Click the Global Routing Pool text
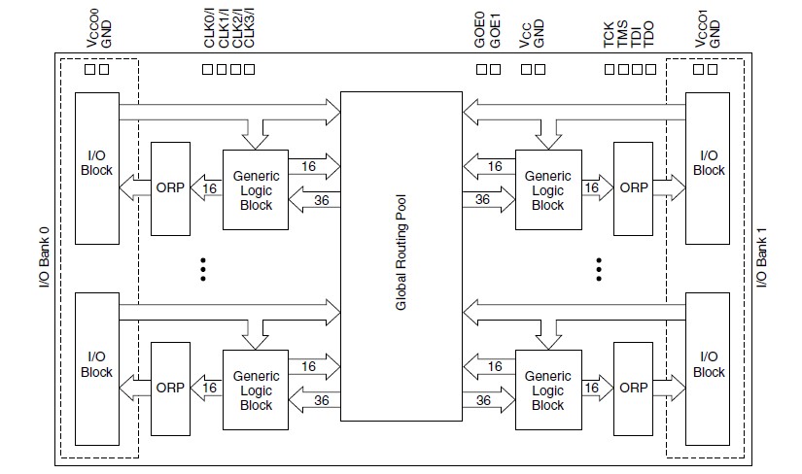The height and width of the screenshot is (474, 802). tap(401, 253)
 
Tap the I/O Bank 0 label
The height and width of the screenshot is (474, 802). tap(45, 257)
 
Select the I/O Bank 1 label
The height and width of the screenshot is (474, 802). tap(761, 257)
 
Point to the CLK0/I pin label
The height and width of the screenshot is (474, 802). tap(209, 28)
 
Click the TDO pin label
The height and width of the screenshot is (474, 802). tap(648, 34)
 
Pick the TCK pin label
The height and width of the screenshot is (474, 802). tap(609, 34)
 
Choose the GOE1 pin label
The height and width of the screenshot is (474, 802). tap(495, 31)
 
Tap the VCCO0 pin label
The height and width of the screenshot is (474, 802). tap(92, 28)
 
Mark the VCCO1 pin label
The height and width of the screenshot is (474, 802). tap(701, 28)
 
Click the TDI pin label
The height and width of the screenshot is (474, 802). tap(635, 37)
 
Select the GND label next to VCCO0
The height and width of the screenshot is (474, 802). tap(106, 34)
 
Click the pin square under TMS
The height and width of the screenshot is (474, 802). tap(623, 69)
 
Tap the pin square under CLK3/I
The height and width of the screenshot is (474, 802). tap(249, 69)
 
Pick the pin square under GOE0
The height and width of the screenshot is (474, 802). tap(481, 69)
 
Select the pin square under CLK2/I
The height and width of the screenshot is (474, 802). tap(235, 69)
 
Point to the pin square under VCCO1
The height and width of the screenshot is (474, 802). tap(698, 69)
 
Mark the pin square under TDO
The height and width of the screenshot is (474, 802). tap(650, 69)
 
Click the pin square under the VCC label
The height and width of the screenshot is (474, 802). tap(526, 69)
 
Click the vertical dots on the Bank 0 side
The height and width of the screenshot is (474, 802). tap(203, 269)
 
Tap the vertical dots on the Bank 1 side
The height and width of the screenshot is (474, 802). tap(599, 269)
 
